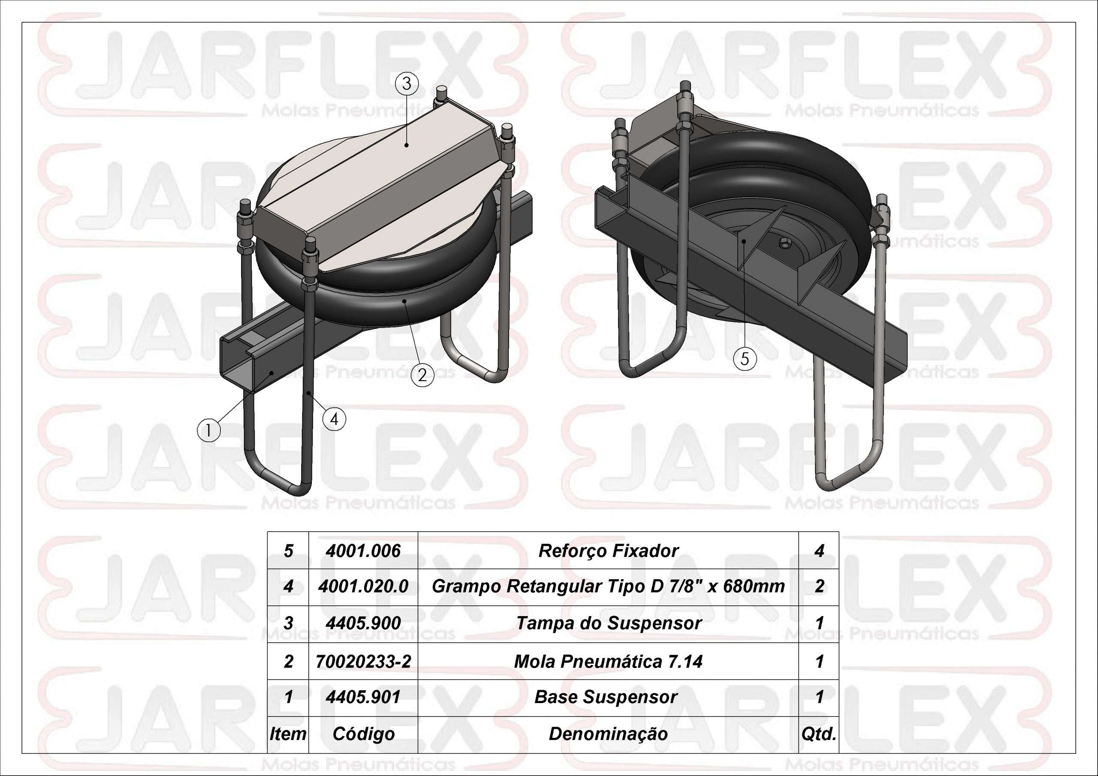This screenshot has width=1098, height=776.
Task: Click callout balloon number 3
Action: click(x=407, y=84)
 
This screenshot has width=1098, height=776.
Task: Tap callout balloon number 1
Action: click(x=208, y=431)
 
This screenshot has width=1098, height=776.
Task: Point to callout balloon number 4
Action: click(x=334, y=419)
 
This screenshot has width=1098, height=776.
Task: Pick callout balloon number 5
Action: click(x=745, y=358)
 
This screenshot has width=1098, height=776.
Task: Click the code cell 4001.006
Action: click(x=363, y=551)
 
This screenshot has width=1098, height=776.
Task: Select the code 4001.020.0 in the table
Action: click(x=363, y=586)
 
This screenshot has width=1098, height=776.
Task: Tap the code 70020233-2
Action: click(x=363, y=661)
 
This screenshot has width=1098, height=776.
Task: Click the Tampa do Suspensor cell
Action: click(x=608, y=623)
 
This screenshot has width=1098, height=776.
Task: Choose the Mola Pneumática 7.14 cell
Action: click(x=608, y=661)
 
